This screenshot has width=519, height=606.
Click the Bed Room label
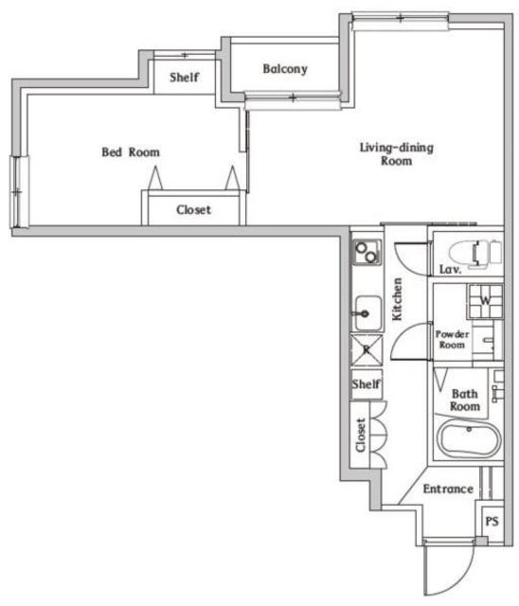(131, 151)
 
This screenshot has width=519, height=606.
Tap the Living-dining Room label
(385, 153)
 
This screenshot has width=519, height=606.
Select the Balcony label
(285, 69)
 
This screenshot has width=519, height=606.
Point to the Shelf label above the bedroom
(184, 78)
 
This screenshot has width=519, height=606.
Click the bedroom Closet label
(193, 210)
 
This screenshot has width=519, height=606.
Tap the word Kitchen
(399, 299)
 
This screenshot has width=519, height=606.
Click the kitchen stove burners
(366, 253)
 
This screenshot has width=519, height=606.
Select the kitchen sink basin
(366, 309)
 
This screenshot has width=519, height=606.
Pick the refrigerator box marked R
(366, 349)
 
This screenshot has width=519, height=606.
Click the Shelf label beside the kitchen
(366, 384)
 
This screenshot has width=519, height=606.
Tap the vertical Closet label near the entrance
(361, 436)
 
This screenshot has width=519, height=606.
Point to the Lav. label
(450, 271)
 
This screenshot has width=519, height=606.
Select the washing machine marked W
(483, 301)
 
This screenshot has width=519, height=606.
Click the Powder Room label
(452, 340)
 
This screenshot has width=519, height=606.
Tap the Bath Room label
(464, 400)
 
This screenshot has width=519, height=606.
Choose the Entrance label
(447, 490)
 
